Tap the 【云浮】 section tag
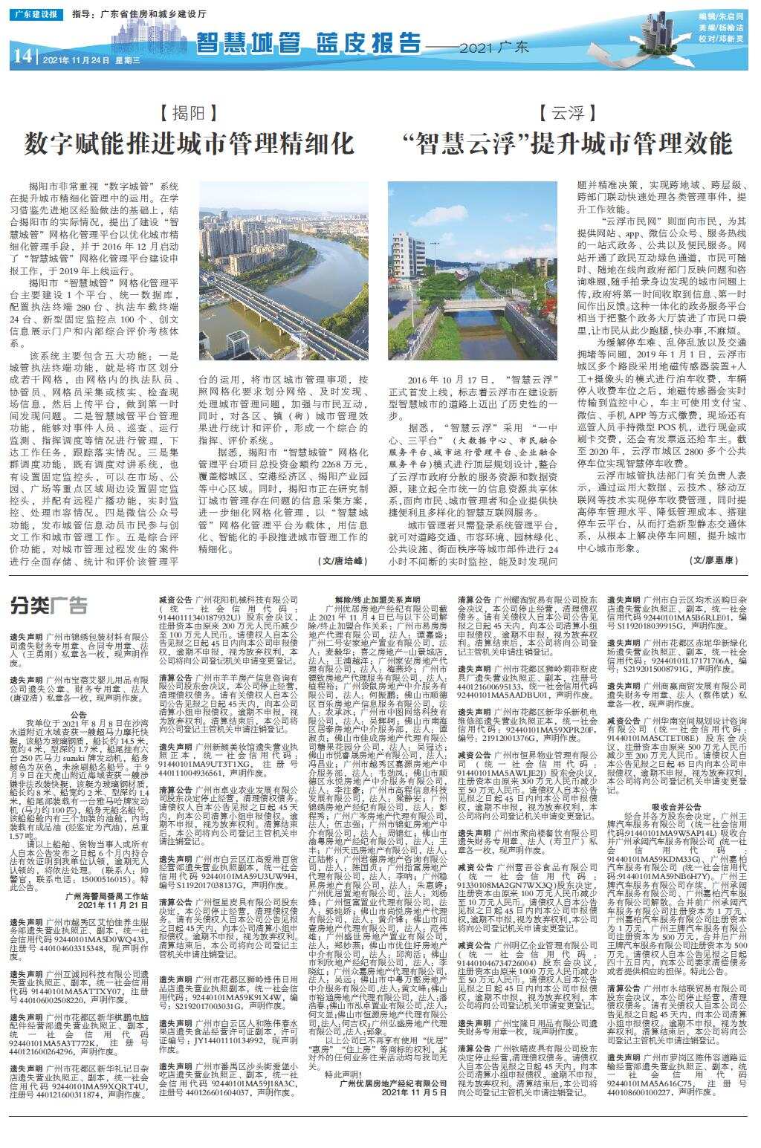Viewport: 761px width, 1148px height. pos(567,113)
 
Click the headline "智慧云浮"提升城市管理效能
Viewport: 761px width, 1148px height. pos(566,143)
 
